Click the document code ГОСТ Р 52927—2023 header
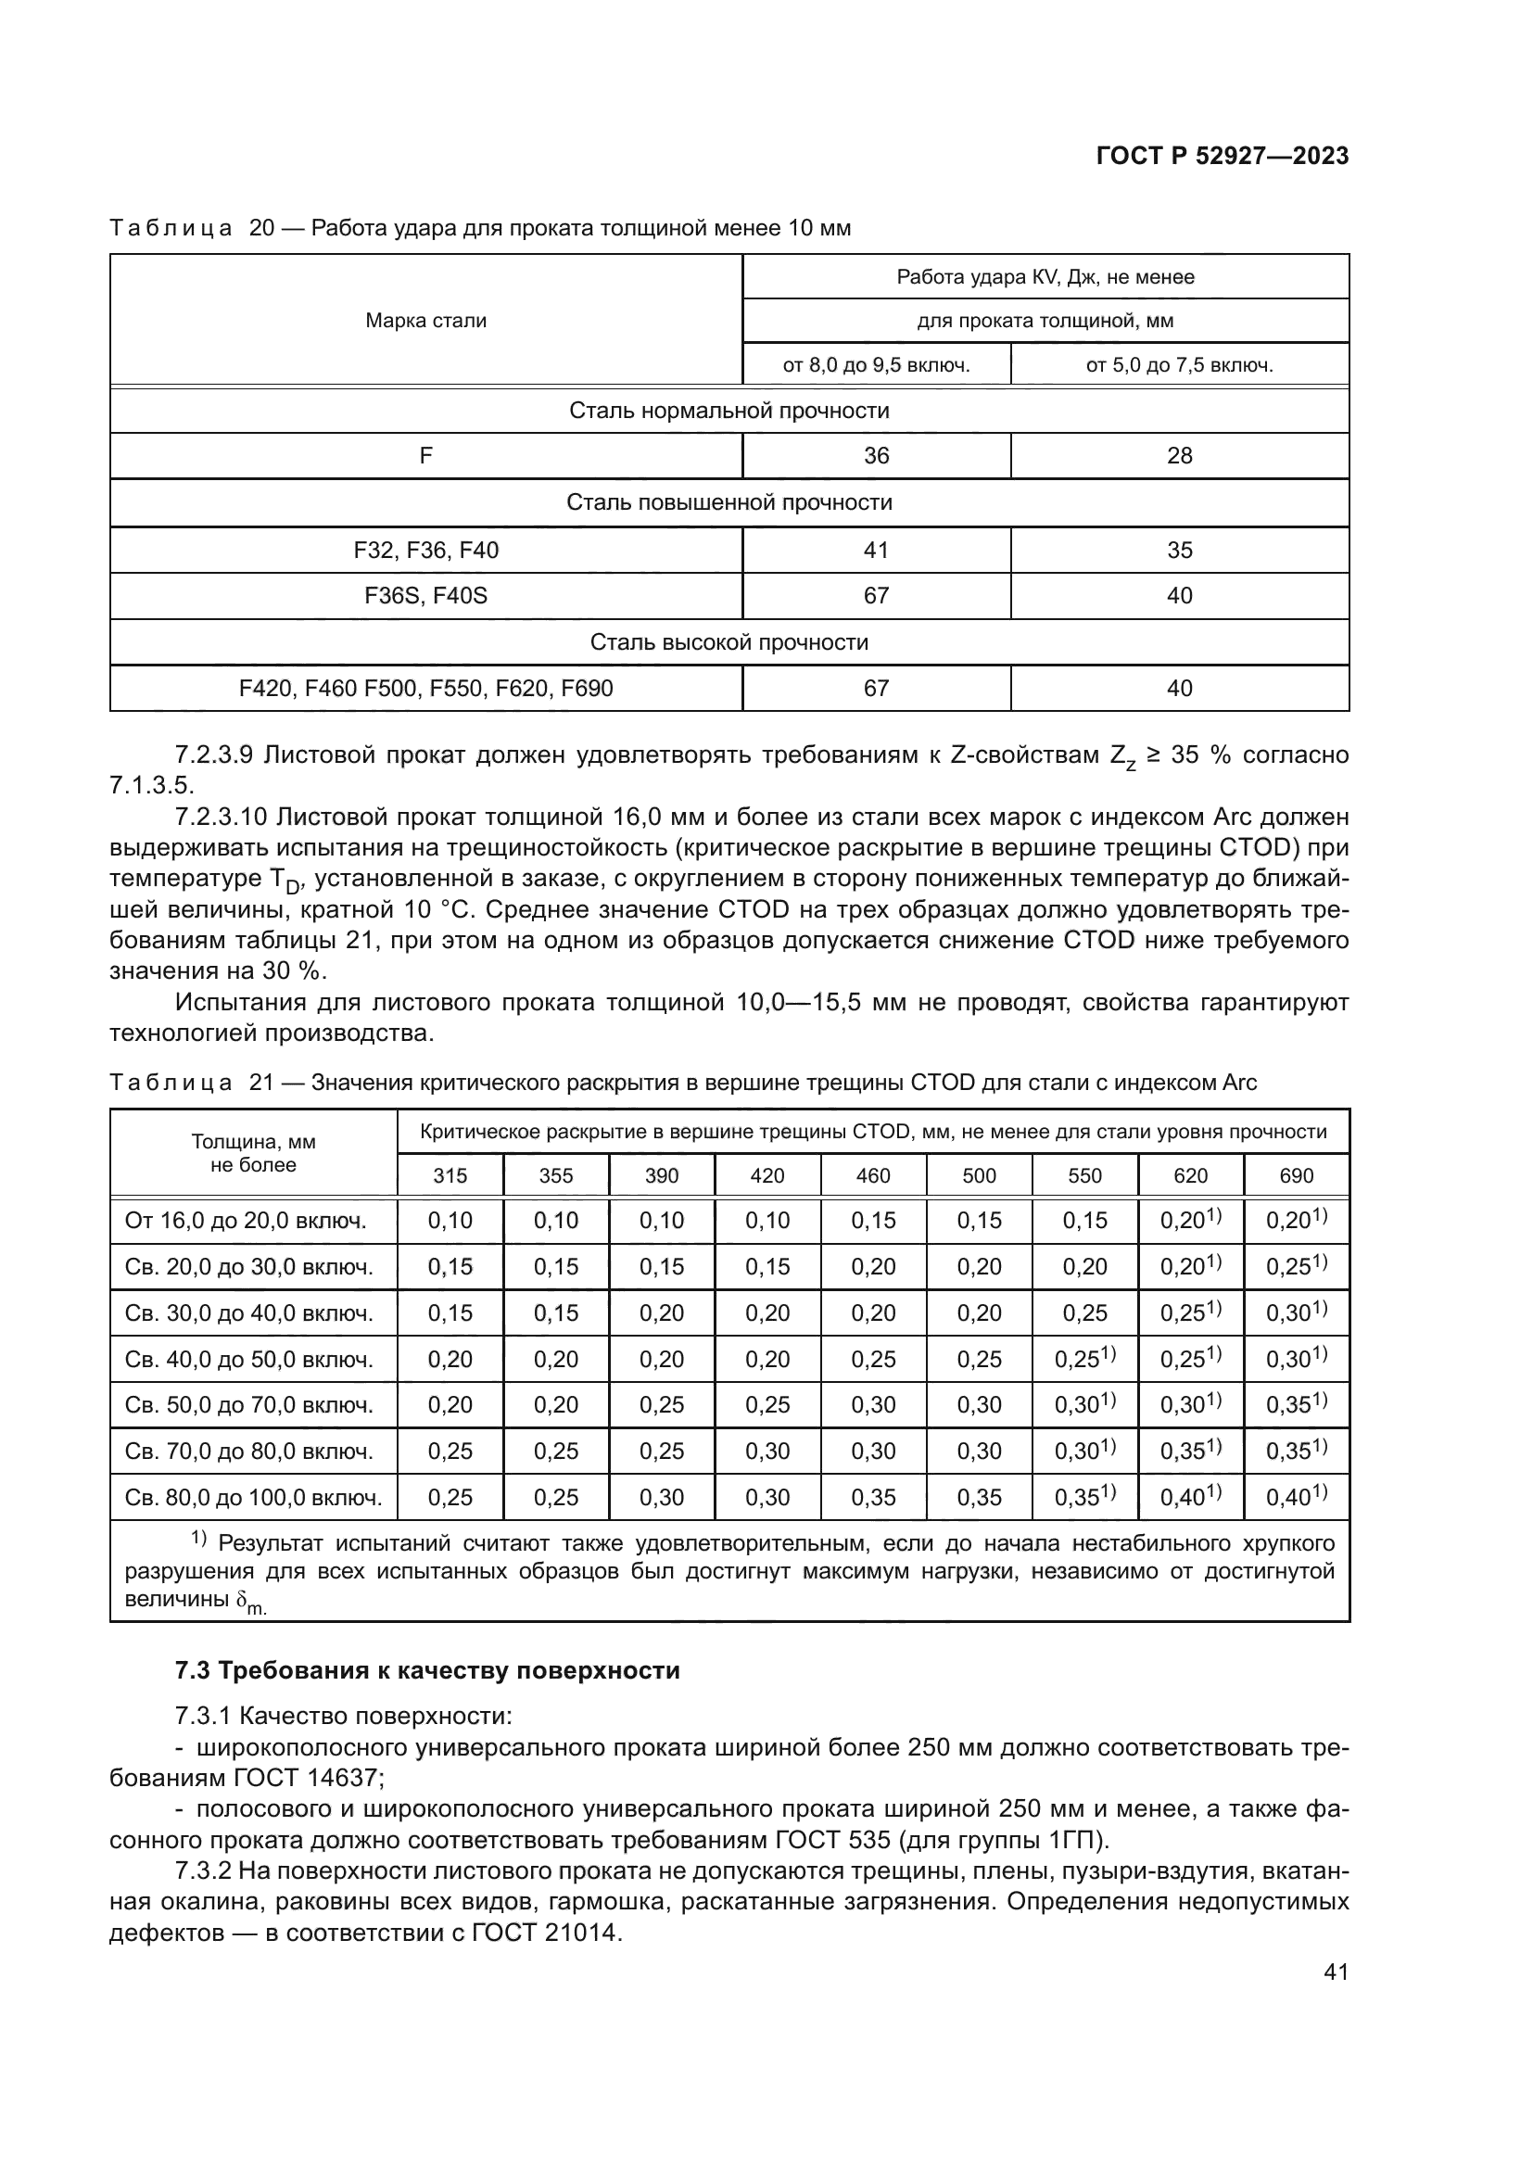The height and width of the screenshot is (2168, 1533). click(1222, 157)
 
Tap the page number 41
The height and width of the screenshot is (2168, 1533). click(1336, 1971)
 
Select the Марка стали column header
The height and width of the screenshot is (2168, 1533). click(425, 321)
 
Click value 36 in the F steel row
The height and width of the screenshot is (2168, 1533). click(876, 456)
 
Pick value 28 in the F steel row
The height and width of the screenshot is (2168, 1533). click(1179, 456)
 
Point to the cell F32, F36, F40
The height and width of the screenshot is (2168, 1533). click(425, 551)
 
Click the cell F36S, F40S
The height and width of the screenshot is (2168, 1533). click(425, 596)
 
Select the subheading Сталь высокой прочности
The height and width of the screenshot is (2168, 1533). click(728, 643)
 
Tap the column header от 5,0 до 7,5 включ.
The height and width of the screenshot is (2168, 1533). click(1179, 365)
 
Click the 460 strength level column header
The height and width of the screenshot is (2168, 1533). click(873, 1175)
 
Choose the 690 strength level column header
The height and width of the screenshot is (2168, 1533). click(1296, 1175)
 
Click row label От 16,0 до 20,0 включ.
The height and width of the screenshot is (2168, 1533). click(246, 1221)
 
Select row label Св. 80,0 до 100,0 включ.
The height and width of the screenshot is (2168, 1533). click(253, 1498)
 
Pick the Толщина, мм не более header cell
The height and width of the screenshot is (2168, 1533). click(253, 1153)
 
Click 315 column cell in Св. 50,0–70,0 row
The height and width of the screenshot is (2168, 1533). click(450, 1405)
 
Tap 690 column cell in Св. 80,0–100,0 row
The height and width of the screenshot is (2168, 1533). click(1296, 1498)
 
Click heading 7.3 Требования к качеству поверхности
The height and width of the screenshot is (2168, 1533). click(426, 1670)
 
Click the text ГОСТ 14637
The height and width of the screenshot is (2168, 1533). click(308, 1778)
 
